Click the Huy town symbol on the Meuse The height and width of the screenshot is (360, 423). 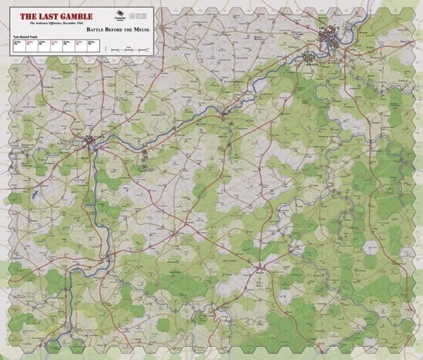226,113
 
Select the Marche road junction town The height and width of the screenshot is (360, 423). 259,266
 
